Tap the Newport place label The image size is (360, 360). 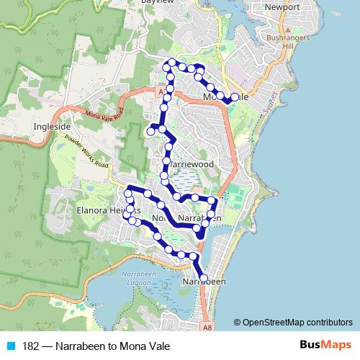pyautogui.click(x=282, y=7)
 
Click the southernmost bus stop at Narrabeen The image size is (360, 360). pyautogui.click(x=203, y=278)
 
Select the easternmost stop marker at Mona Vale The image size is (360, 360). pyautogui.click(x=235, y=97)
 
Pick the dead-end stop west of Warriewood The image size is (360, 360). pyautogui.click(x=150, y=132)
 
